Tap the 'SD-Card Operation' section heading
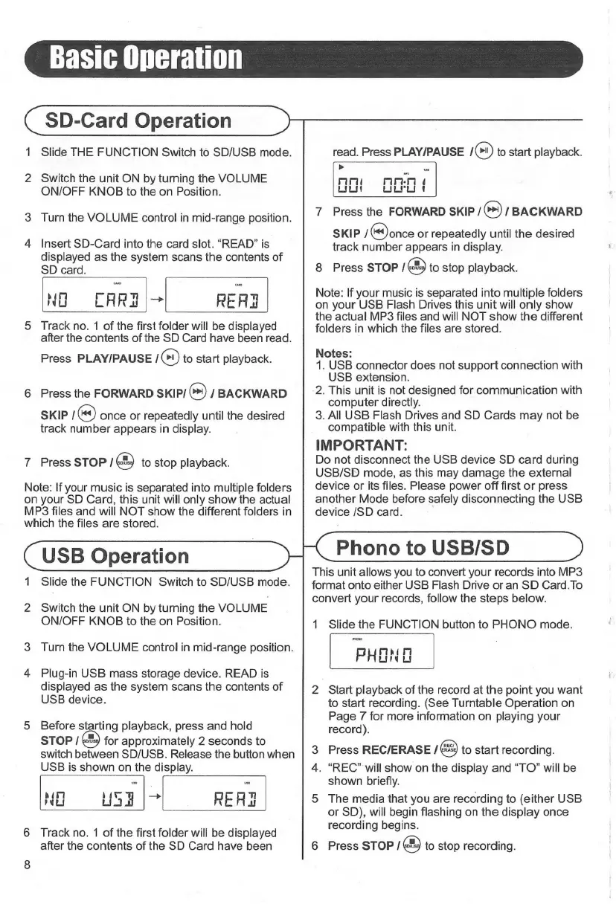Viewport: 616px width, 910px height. point(138,120)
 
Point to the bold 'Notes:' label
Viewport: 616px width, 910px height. point(332,352)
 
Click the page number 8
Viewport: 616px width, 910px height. point(28,885)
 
